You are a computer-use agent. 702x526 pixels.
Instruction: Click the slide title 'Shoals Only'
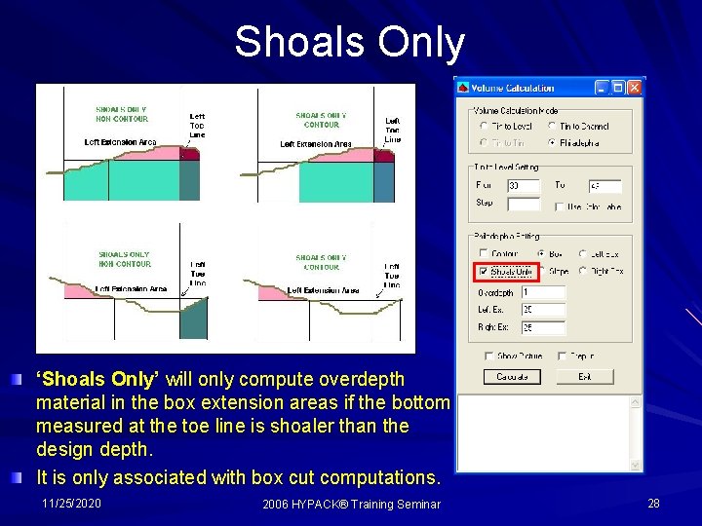pyautogui.click(x=349, y=42)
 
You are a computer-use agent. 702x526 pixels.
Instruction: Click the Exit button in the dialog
pyautogui.click(x=584, y=376)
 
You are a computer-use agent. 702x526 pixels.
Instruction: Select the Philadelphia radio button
pyautogui.click(x=553, y=143)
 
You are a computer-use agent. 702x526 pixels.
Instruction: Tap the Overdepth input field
pyautogui.click(x=543, y=292)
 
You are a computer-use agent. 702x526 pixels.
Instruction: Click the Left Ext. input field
pyautogui.click(x=543, y=310)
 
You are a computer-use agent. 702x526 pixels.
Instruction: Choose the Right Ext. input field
pyautogui.click(x=543, y=327)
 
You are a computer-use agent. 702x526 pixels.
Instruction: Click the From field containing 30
pyautogui.click(x=524, y=185)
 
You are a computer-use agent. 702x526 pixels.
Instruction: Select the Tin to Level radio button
pyautogui.click(x=485, y=126)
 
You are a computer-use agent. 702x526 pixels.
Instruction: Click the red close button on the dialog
pyautogui.click(x=635, y=88)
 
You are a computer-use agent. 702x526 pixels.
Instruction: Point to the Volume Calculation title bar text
pyautogui.click(x=514, y=88)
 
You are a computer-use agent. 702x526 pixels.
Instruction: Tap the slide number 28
pyautogui.click(x=653, y=503)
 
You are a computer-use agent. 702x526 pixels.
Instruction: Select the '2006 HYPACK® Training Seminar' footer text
pyautogui.click(x=351, y=504)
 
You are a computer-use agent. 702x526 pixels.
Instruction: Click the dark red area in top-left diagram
pyautogui.click(x=189, y=153)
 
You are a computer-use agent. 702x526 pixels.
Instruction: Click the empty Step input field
pyautogui.click(x=524, y=204)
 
